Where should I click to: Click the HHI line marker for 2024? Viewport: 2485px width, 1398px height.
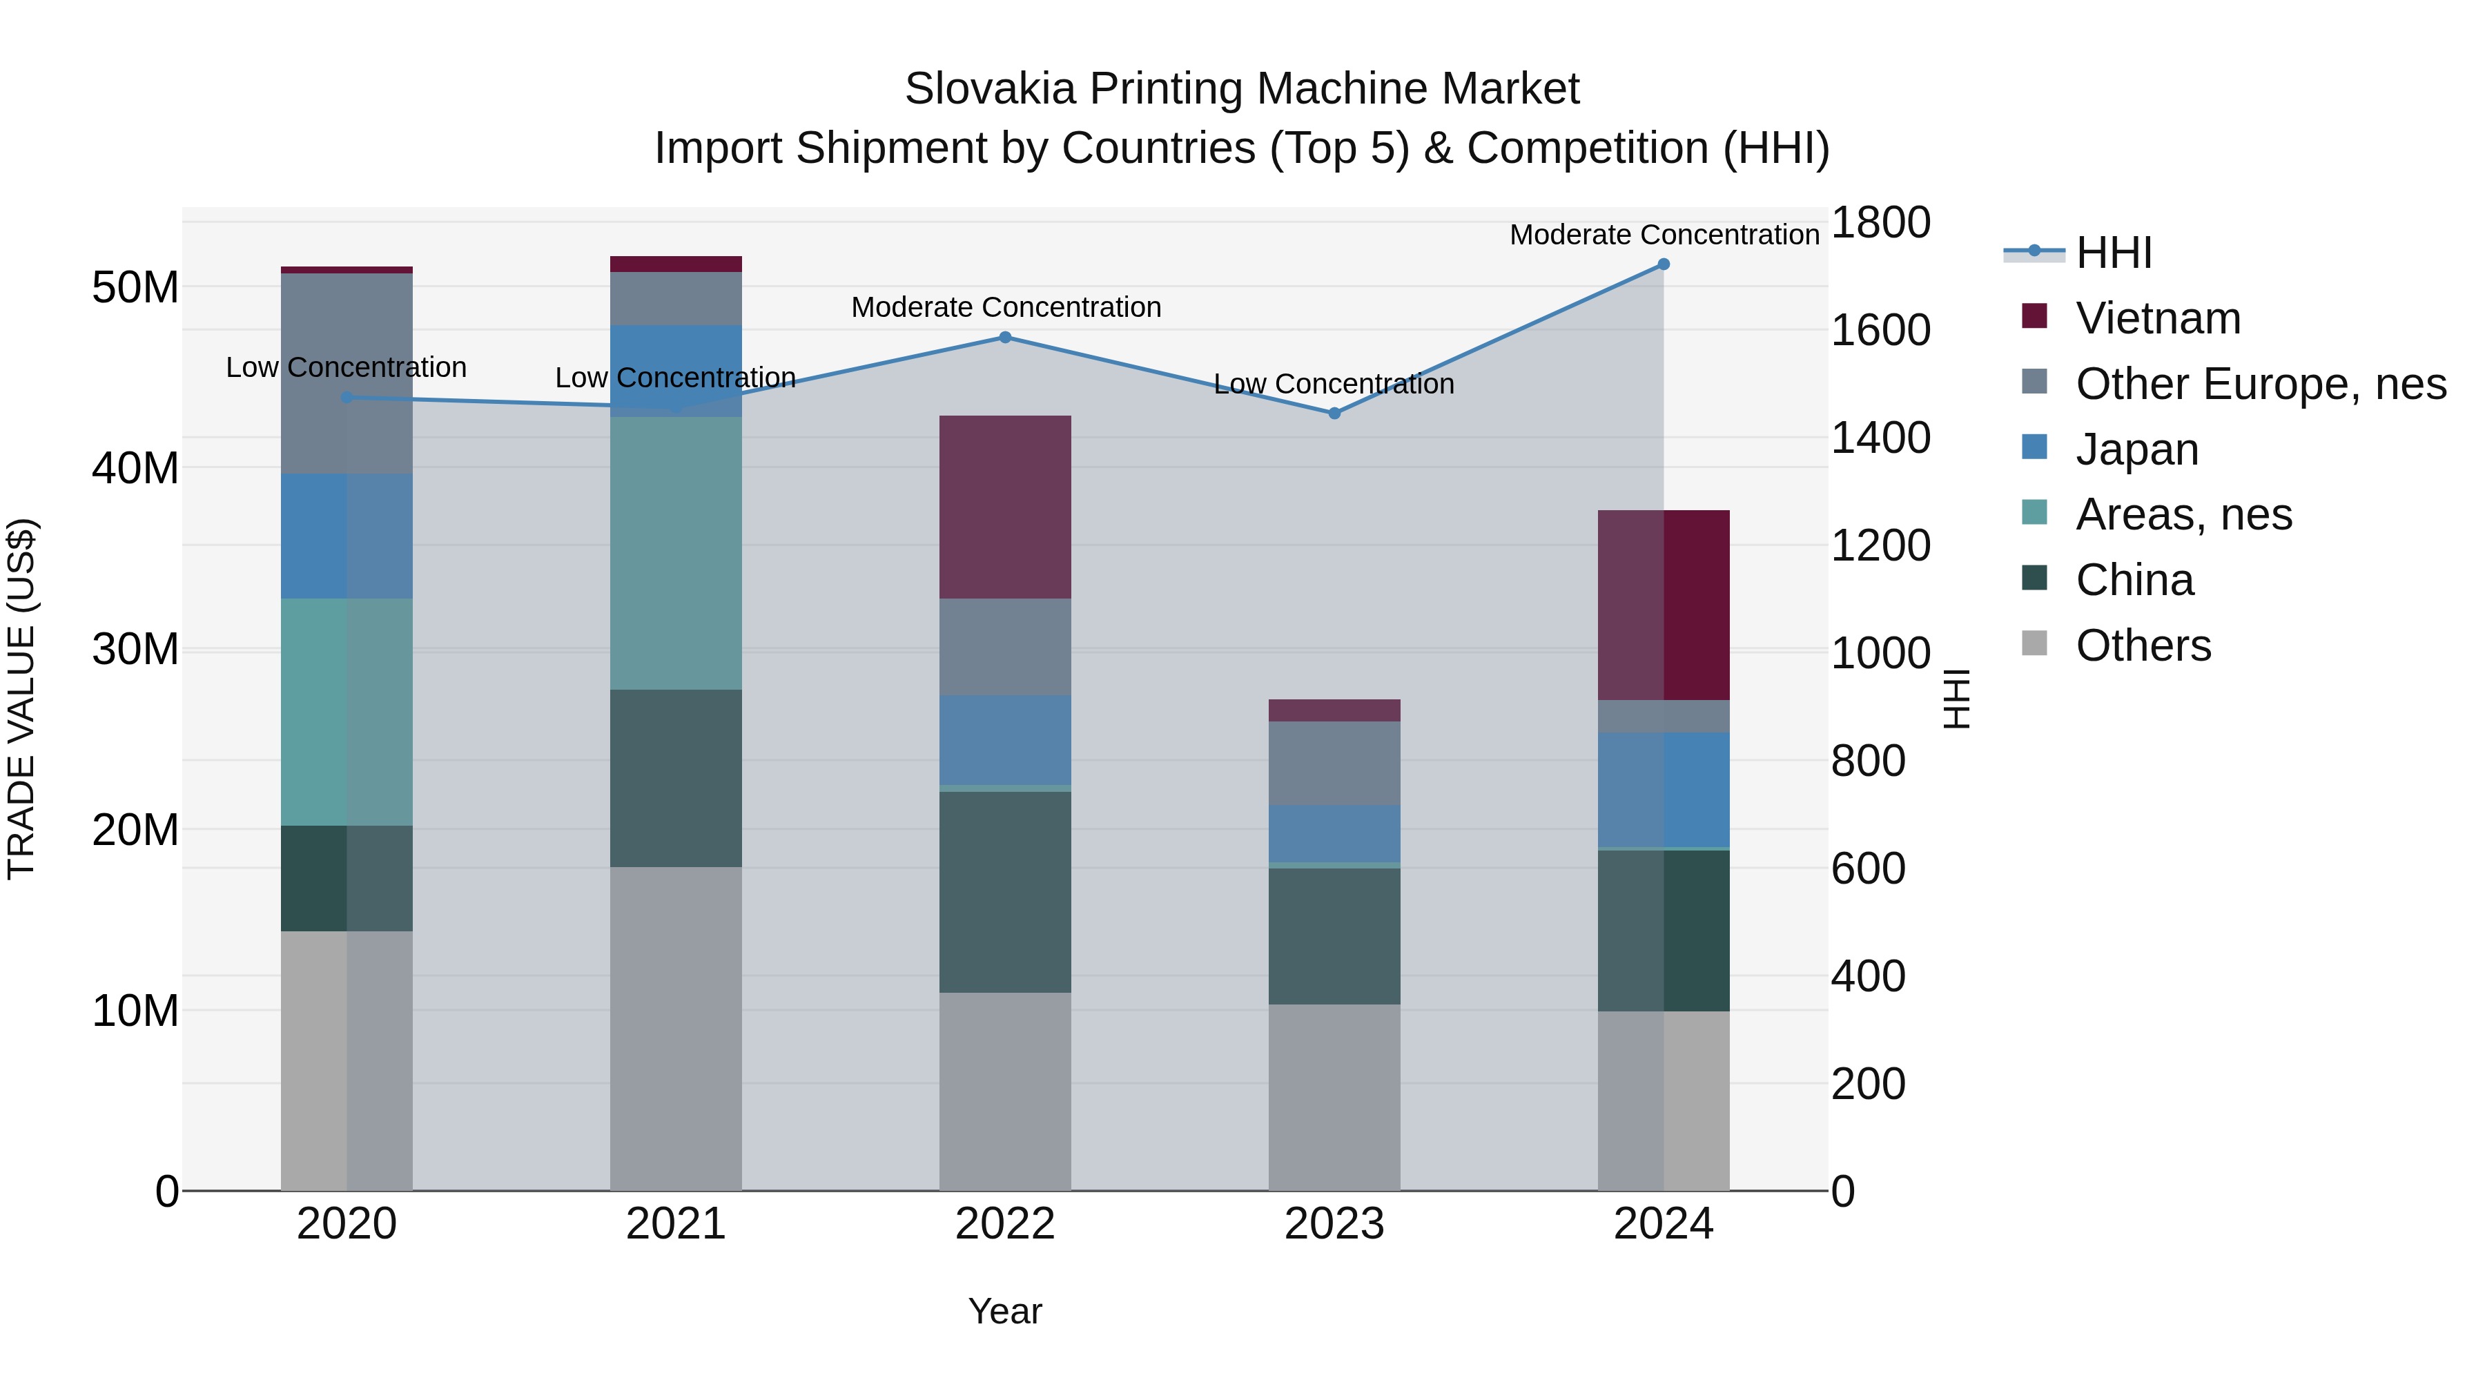pos(1663,264)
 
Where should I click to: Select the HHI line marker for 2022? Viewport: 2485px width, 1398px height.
pos(1004,338)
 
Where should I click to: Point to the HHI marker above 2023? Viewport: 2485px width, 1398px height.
pos(1334,413)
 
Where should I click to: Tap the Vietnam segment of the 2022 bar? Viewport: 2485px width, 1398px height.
pos(1004,507)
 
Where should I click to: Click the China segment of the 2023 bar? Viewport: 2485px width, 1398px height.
pos(1334,936)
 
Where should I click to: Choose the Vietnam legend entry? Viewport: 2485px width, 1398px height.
pos(2158,318)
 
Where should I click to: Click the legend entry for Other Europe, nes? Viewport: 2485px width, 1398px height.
pos(2260,384)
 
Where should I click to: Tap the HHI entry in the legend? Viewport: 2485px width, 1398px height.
pos(2113,253)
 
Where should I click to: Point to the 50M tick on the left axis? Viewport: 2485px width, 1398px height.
pos(135,287)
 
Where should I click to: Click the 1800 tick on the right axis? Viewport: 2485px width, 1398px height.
pos(1880,223)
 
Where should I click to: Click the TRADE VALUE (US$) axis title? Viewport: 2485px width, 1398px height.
pos(21,699)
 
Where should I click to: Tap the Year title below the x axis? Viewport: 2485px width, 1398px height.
pos(1004,1311)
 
